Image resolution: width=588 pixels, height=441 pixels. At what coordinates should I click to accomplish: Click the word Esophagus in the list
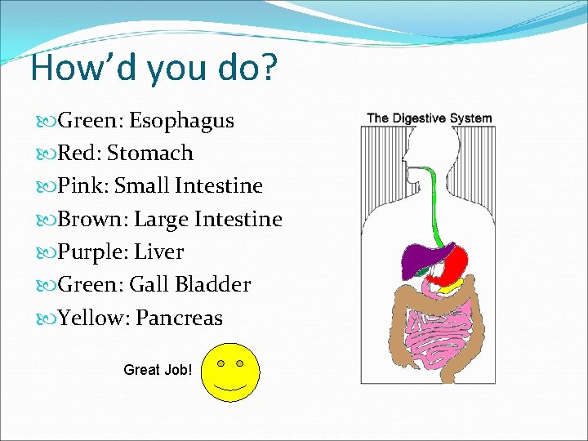click(180, 121)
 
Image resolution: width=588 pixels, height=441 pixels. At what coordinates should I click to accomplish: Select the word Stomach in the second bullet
click(150, 154)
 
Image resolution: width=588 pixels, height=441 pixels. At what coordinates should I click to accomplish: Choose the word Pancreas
click(179, 318)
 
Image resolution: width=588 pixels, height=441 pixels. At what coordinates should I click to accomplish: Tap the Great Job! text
click(158, 370)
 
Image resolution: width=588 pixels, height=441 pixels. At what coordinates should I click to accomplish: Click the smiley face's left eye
click(220, 363)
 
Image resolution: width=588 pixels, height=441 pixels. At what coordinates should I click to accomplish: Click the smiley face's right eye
click(239, 363)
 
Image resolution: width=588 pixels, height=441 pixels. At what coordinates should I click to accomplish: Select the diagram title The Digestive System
click(430, 118)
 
